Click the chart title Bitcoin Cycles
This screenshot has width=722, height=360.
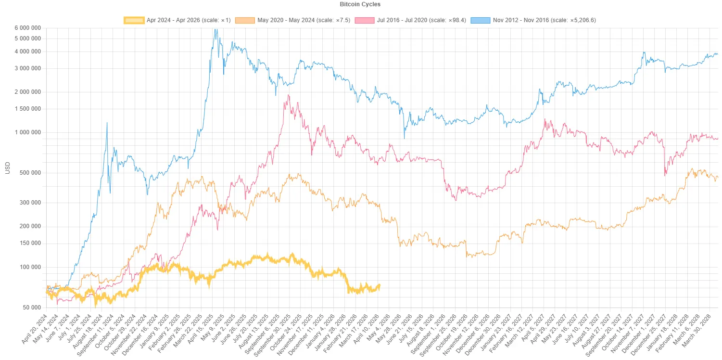361,4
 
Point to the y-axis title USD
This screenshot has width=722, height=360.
7,168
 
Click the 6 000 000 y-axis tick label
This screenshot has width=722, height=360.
27,28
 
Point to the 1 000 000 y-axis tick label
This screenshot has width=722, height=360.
27,132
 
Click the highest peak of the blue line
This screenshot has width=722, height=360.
216,29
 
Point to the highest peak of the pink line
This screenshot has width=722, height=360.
288,95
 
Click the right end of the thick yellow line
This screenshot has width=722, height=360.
380,286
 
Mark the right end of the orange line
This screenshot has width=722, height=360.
718,177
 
